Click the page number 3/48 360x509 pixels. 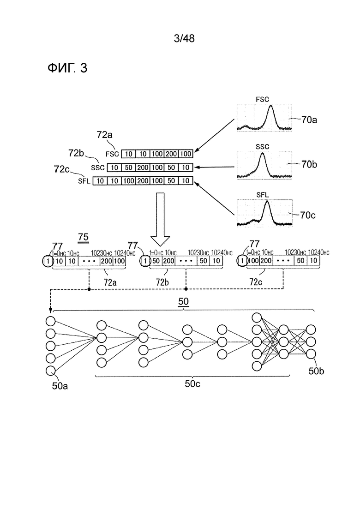(x=184, y=38)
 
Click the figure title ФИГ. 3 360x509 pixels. (x=67, y=68)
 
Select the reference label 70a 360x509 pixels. (x=309, y=120)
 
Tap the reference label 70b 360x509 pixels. (x=309, y=164)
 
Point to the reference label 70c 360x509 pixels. (x=307, y=215)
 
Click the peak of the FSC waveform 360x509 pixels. (x=271, y=106)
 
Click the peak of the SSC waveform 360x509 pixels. (x=262, y=154)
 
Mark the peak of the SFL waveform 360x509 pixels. (x=267, y=202)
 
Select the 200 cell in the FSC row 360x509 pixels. (x=171, y=154)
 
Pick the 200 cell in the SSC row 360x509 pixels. (x=143, y=168)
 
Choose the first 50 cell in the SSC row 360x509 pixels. (x=129, y=168)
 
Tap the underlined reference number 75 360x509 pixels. (x=84, y=237)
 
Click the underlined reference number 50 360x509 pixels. (x=183, y=301)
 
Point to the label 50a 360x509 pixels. (x=60, y=386)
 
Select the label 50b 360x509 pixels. (x=316, y=371)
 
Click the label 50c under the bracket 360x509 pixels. (x=192, y=383)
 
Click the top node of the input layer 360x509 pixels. (x=50, y=321)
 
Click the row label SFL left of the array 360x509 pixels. (x=84, y=181)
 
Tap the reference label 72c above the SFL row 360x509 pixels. (x=61, y=169)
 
